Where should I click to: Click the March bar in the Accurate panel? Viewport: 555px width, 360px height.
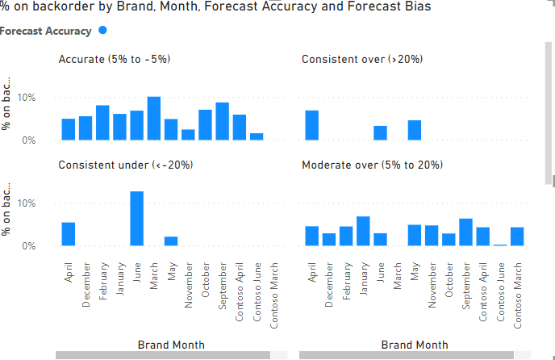coord(153,119)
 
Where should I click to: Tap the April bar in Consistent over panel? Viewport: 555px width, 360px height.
coord(311,125)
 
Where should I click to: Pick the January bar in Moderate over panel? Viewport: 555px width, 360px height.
coord(362,231)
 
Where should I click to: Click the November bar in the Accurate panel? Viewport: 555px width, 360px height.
coord(188,135)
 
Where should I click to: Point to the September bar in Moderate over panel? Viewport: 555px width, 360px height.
coord(465,232)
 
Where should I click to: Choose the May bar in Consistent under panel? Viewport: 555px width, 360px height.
coord(171,241)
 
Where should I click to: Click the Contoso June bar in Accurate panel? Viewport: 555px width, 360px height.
coord(257,136)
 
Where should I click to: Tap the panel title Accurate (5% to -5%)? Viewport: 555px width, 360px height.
coord(114,59)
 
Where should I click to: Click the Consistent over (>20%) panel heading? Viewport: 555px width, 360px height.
coord(362,59)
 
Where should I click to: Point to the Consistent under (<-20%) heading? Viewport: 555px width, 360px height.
coord(125,165)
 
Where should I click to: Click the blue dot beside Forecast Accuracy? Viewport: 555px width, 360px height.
coord(102,31)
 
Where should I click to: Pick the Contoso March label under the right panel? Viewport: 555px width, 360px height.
coord(517,291)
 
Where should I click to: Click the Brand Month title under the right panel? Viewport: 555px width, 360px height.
coord(413,345)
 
